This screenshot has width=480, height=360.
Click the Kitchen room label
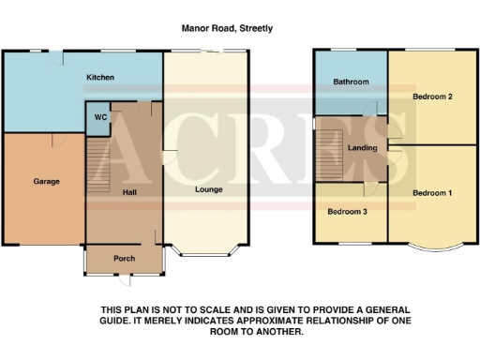click(x=100, y=78)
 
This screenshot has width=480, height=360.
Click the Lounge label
click(x=207, y=189)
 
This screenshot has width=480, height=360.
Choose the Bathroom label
click(x=352, y=82)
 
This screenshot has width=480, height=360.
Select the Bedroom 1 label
click(x=433, y=193)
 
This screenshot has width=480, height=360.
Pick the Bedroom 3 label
click(x=347, y=212)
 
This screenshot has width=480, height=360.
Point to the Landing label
click(x=362, y=149)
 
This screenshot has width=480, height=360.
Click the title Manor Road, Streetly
click(x=228, y=28)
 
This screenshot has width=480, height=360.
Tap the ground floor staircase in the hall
click(x=97, y=164)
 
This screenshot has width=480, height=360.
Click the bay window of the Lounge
click(x=207, y=253)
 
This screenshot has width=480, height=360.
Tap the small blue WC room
click(x=98, y=119)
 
